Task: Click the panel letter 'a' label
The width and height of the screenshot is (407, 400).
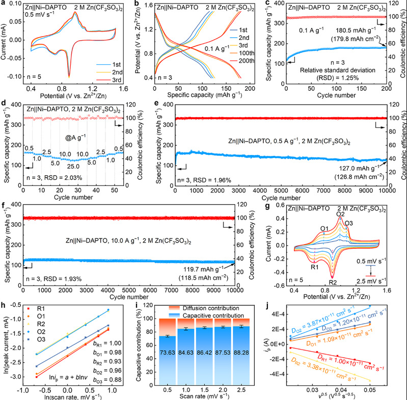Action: pos(4,4)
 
